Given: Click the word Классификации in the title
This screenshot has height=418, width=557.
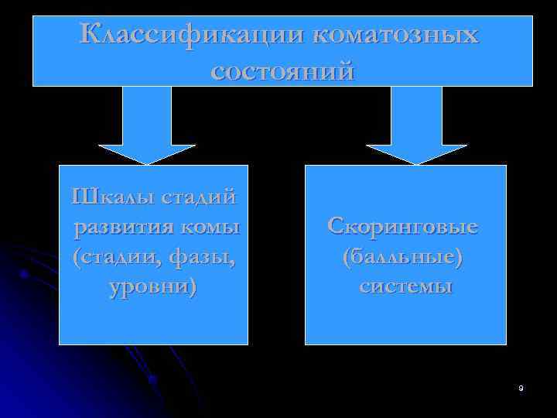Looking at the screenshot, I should pyautogui.click(x=193, y=35).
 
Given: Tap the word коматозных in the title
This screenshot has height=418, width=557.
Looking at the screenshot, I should pyautogui.click(x=397, y=35).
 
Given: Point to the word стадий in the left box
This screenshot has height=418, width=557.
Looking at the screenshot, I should pyautogui.click(x=200, y=197).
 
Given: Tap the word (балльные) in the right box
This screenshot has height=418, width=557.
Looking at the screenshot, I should pyautogui.click(x=403, y=256).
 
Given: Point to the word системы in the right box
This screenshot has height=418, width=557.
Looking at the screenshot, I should pyautogui.click(x=405, y=286).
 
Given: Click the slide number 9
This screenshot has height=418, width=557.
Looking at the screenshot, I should pyautogui.click(x=521, y=388).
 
